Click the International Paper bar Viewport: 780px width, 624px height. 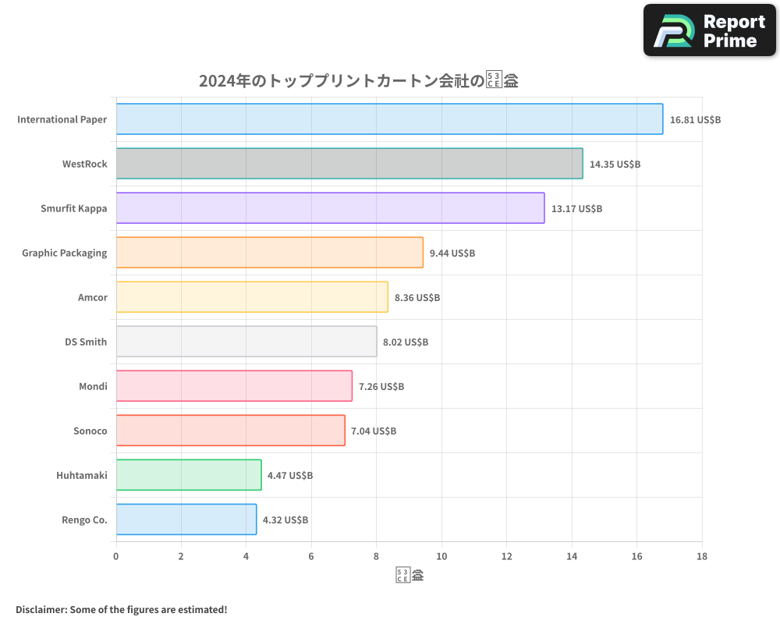click(389, 119)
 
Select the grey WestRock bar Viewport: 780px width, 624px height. click(349, 164)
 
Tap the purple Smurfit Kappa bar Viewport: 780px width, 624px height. click(330, 208)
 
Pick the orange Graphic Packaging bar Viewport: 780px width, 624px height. click(269, 253)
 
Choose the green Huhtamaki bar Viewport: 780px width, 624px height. click(189, 475)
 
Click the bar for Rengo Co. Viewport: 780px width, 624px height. click(186, 519)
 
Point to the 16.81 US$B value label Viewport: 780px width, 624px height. click(695, 120)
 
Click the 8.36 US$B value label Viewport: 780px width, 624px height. click(417, 298)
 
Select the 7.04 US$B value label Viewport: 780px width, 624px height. click(374, 431)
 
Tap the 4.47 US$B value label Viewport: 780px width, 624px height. click(290, 476)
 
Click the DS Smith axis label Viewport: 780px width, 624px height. click(86, 342)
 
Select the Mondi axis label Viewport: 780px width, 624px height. click(93, 386)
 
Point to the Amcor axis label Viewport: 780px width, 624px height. click(92, 297)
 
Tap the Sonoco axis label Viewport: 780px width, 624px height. click(90, 431)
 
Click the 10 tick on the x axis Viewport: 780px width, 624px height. click(441, 556)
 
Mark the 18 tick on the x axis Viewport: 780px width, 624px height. click(701, 556)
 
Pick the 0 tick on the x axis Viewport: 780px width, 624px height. click(116, 556)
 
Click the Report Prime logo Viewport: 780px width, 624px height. click(709, 30)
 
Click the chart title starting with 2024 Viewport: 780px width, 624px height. click(359, 81)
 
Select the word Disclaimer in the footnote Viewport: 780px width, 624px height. click(40, 609)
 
